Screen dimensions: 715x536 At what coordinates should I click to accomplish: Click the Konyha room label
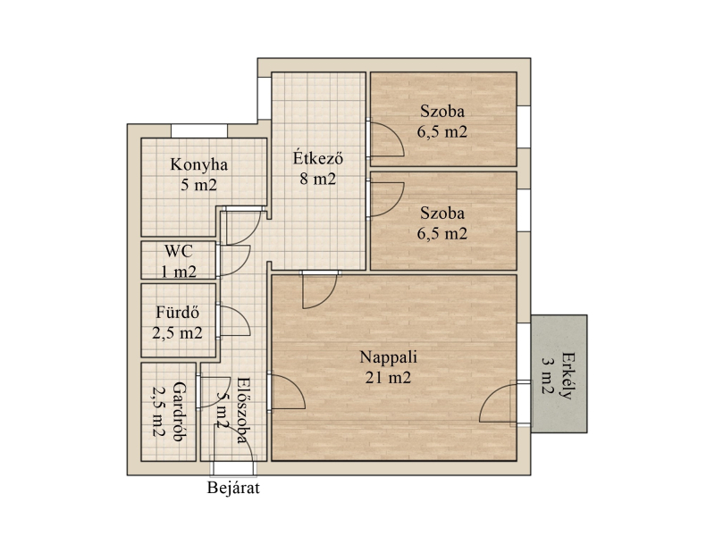point(198,164)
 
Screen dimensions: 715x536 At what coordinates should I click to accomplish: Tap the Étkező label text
point(318,158)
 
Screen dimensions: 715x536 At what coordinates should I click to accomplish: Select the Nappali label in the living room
point(388,357)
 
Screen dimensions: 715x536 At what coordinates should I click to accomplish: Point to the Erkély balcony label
point(567,375)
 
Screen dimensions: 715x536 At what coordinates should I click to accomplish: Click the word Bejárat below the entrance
point(233,488)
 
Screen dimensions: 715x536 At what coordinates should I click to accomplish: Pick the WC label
point(178,251)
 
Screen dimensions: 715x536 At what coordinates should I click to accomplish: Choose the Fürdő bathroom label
point(177,312)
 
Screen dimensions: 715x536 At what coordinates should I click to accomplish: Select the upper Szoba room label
point(442,111)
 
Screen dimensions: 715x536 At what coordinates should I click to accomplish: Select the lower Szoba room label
point(442,213)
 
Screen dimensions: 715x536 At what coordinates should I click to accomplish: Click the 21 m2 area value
point(388,378)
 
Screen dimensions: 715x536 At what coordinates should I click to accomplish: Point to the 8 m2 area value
point(318,179)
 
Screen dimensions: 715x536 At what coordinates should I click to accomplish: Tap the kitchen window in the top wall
point(199,130)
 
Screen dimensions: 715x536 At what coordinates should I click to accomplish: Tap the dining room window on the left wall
point(265,98)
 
